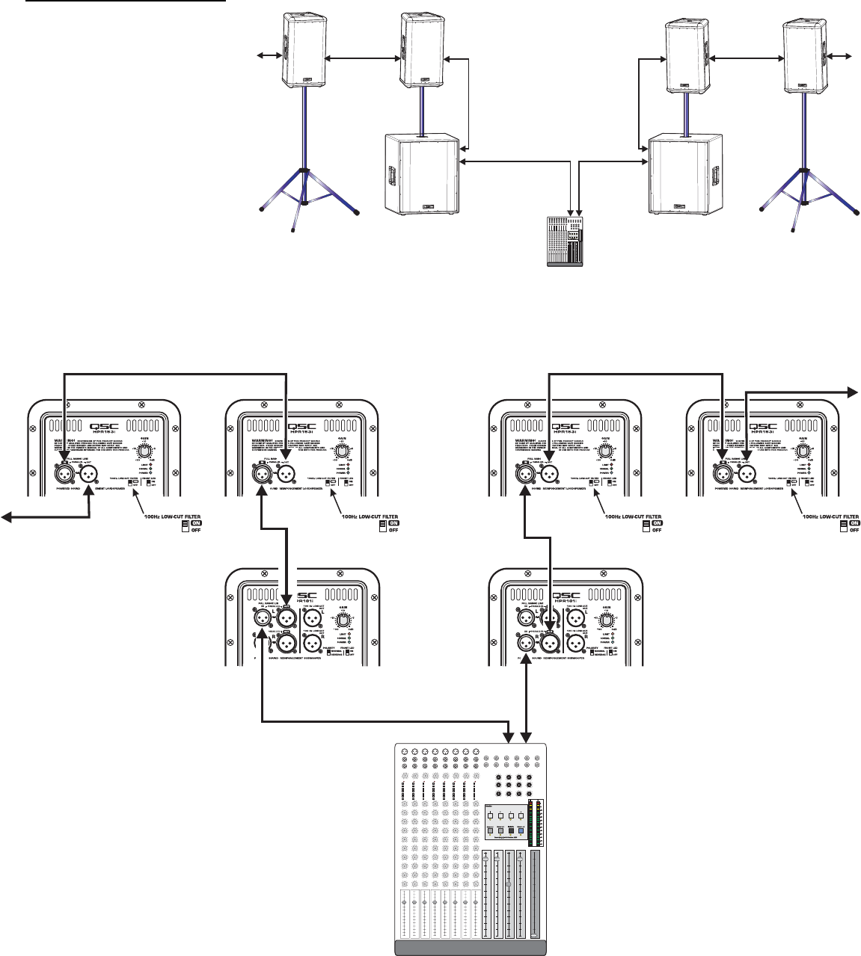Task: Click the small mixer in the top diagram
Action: tap(566, 242)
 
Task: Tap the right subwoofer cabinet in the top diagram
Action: tap(686, 175)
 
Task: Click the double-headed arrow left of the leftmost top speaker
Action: tap(267, 55)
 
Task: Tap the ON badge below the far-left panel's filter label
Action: tap(196, 523)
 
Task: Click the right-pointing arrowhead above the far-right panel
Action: tap(851, 390)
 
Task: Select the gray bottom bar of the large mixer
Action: tap(471, 948)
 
